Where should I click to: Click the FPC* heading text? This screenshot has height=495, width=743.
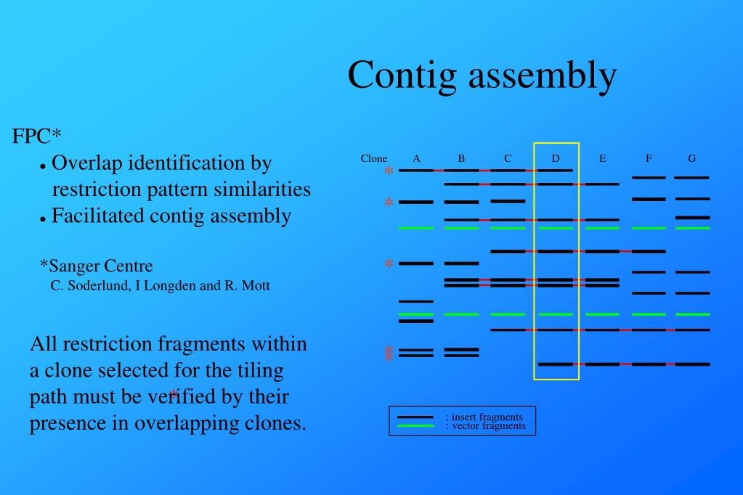coord(36,136)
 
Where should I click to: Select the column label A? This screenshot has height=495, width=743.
coord(416,158)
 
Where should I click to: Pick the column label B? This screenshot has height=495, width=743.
coord(461,158)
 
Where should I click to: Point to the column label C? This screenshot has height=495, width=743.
coord(508,158)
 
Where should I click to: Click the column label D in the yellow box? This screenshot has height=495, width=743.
coord(556,158)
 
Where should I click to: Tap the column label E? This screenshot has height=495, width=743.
coord(602,158)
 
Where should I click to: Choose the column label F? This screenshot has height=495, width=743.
coord(649,158)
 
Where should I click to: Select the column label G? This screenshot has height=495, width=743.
coord(691,158)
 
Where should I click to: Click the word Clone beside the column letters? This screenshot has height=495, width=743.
coord(374,158)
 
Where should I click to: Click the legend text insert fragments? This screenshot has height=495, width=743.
coord(487,417)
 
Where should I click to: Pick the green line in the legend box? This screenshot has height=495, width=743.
coord(415,426)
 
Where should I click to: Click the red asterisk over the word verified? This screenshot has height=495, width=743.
coord(174,394)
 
